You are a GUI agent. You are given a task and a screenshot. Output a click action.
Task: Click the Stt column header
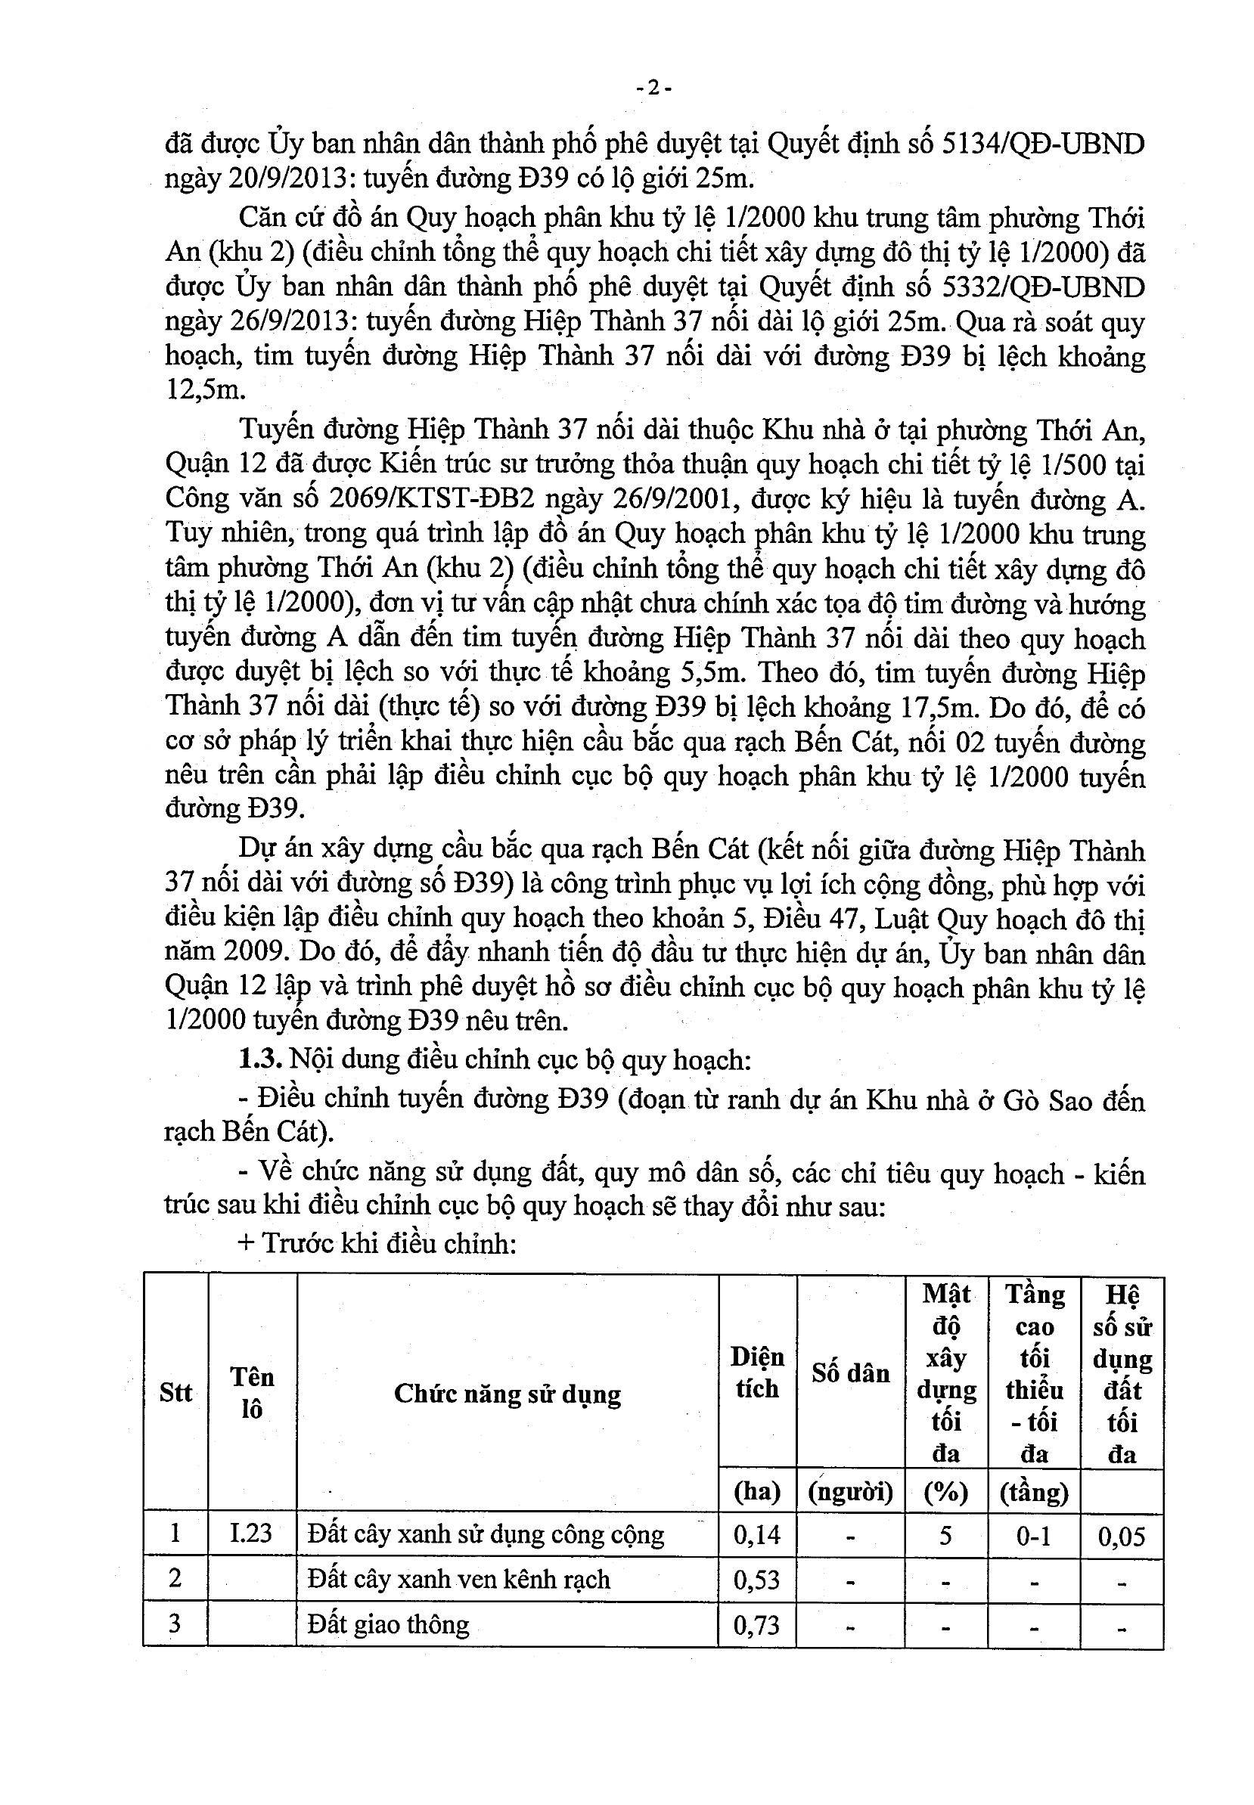click(175, 1393)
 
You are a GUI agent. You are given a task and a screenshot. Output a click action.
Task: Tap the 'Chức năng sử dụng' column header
click(507, 1394)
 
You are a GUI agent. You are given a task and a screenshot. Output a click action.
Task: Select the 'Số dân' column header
click(850, 1373)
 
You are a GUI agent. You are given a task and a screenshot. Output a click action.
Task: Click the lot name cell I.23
click(251, 1533)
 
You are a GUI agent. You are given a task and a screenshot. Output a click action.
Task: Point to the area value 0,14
click(756, 1534)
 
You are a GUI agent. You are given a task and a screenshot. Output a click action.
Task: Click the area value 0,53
click(756, 1579)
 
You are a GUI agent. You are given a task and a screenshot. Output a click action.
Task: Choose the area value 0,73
click(756, 1624)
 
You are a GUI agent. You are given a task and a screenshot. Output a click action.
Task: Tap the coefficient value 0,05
click(1121, 1536)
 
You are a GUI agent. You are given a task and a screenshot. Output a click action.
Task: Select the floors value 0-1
click(1033, 1535)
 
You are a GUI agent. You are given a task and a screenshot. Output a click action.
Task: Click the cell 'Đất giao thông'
click(388, 1624)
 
